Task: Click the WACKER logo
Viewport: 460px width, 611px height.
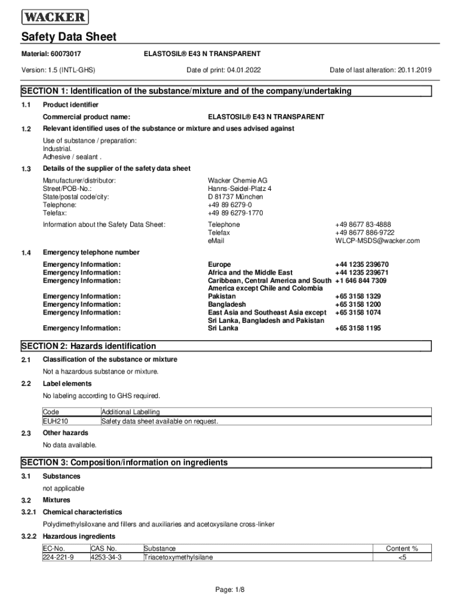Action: pyautogui.click(x=55, y=17)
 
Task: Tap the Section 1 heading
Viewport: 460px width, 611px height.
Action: pyautogui.click(x=186, y=91)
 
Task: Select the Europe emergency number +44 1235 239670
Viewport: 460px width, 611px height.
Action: pyautogui.click(x=362, y=264)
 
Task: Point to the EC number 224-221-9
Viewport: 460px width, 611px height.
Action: pyautogui.click(x=59, y=557)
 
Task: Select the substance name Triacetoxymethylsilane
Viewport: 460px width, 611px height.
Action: pyautogui.click(x=178, y=557)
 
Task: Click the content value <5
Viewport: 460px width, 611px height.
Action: pyautogui.click(x=401, y=557)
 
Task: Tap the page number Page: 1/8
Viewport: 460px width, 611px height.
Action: pyautogui.click(x=230, y=590)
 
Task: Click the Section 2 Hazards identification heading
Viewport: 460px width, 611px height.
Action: pyautogui.click(x=88, y=346)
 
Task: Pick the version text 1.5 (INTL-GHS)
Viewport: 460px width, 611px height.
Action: pyautogui.click(x=73, y=70)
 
